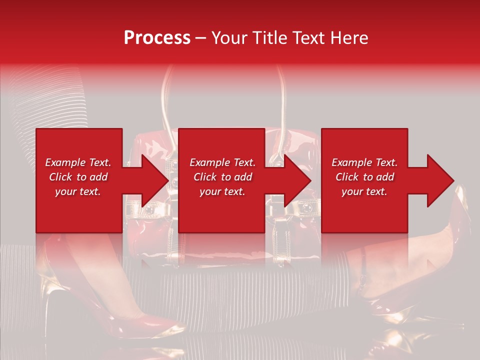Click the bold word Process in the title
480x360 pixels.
click(157, 38)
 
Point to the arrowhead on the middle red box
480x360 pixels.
click(297, 180)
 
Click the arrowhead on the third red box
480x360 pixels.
click(440, 180)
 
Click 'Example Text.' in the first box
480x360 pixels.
click(78, 162)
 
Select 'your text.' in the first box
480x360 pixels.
click(78, 191)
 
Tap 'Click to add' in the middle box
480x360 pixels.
click(222, 177)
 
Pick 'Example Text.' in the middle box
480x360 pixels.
click(222, 162)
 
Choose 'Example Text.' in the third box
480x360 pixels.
click(364, 162)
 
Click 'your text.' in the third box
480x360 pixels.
click(364, 191)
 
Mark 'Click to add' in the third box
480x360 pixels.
click(364, 177)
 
